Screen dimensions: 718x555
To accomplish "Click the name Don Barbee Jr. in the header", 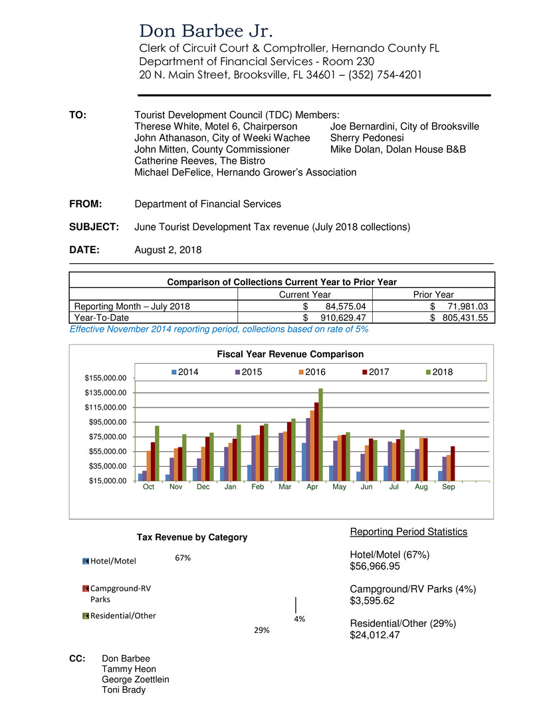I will [x=207, y=31].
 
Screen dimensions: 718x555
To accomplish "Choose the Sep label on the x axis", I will [x=449, y=487].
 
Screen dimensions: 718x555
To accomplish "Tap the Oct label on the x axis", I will [x=149, y=487].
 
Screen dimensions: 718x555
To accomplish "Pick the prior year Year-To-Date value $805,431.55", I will [x=459, y=318].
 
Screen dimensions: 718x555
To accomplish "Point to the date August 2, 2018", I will [x=168, y=250].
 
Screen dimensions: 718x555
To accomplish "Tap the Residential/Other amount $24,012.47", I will [x=377, y=635].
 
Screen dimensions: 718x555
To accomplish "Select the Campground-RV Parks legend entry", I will [x=114, y=593].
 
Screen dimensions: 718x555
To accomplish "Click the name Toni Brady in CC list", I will [x=124, y=689].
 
